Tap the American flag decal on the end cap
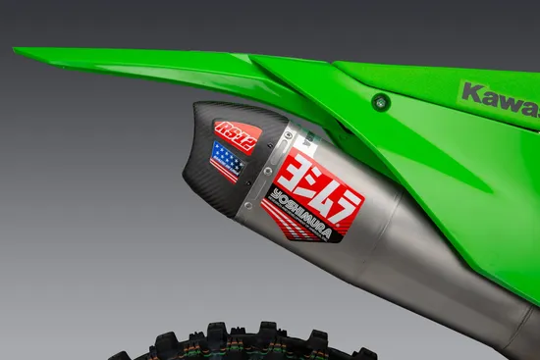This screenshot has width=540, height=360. [x=226, y=159]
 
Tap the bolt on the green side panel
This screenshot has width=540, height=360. [x=380, y=101]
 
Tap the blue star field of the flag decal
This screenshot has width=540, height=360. [x=223, y=153]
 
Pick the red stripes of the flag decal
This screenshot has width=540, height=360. [x=228, y=169]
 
